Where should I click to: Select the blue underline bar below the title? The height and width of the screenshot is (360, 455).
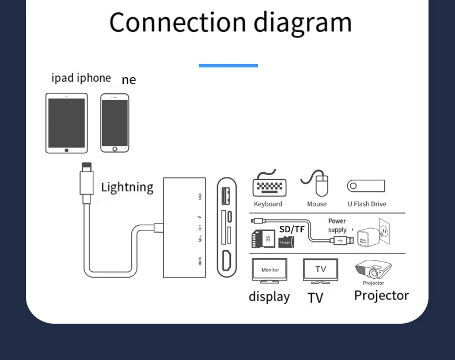point(228,66)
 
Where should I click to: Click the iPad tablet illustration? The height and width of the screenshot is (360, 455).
point(67,123)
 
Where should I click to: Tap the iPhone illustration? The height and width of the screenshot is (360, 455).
point(115,123)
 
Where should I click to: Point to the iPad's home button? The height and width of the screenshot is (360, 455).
point(67,150)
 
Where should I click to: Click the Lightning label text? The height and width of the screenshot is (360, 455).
point(127,187)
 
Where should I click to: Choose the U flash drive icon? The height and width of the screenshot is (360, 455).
point(366,186)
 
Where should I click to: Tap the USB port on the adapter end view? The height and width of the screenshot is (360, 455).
point(226,195)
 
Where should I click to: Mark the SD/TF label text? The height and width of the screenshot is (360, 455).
point(292,229)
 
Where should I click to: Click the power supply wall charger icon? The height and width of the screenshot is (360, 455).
point(371,234)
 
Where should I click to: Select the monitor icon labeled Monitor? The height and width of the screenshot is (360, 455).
point(270,270)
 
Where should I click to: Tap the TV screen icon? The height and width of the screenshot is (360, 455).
point(320,270)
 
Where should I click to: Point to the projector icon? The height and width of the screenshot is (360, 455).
point(373,270)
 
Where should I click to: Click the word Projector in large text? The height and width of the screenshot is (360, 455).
point(381,295)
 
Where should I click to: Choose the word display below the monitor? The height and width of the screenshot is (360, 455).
point(269,297)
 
